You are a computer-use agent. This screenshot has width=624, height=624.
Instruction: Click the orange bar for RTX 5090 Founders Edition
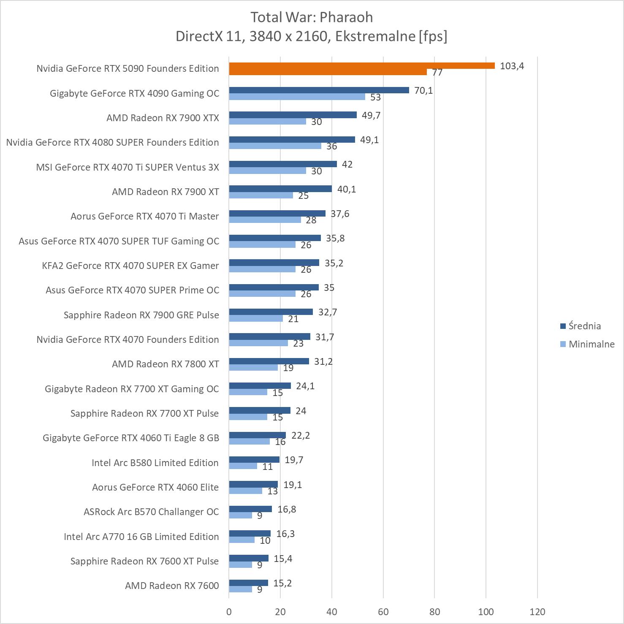pyautogui.click(x=361, y=65)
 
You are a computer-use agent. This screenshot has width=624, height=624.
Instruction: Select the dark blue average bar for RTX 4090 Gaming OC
pyautogui.click(x=319, y=90)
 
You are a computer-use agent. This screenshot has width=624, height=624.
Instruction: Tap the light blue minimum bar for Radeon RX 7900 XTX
pyautogui.click(x=267, y=122)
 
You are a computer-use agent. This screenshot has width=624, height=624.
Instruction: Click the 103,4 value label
pyautogui.click(x=512, y=66)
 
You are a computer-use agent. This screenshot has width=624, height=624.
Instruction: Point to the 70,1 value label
pyautogui.click(x=423, y=90)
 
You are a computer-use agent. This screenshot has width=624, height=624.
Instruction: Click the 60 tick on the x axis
pyautogui.click(x=383, y=611)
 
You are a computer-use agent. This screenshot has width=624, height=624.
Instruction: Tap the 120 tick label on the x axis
pyautogui.click(x=537, y=611)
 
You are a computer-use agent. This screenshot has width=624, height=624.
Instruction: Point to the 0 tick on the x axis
pyautogui.click(x=229, y=611)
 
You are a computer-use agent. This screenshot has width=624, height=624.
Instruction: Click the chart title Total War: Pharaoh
pyautogui.click(x=312, y=17)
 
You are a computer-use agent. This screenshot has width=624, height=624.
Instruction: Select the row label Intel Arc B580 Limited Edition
pyautogui.click(x=155, y=463)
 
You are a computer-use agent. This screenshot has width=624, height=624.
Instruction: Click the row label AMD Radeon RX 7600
pyautogui.click(x=172, y=586)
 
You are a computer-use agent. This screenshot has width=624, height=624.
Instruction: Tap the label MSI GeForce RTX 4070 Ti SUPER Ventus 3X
pyautogui.click(x=128, y=167)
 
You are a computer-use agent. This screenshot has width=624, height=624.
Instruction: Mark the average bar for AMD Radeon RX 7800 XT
pyautogui.click(x=269, y=361)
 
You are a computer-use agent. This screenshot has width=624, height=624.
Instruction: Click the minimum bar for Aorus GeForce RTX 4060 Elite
pyautogui.click(x=245, y=491)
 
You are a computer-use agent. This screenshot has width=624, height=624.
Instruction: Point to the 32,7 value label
pyautogui.click(x=328, y=312)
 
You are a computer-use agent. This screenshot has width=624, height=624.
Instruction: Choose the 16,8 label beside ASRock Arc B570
pyautogui.click(x=287, y=509)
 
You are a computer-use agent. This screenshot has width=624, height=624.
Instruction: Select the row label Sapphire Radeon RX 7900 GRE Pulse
pyautogui.click(x=141, y=315)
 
